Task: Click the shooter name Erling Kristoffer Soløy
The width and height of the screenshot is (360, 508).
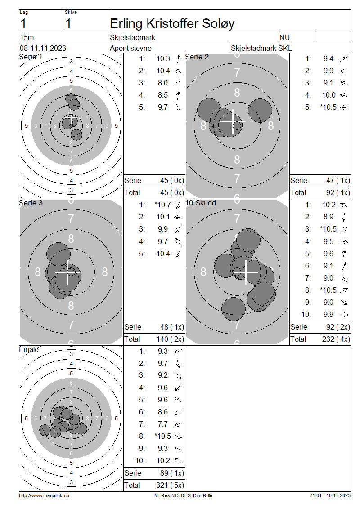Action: point(172,24)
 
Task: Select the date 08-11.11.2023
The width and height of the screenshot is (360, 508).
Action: point(43,48)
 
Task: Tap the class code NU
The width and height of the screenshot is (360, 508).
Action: point(284,38)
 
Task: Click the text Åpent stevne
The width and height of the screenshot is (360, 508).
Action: point(130,48)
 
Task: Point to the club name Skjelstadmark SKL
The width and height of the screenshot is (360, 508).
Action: point(261,48)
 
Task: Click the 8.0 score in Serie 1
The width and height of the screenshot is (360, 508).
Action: point(163,83)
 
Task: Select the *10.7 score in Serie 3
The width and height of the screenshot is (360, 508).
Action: point(162,205)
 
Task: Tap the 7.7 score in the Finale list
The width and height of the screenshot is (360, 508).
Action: point(163,424)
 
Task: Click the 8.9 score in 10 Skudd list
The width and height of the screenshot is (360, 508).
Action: point(328,217)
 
